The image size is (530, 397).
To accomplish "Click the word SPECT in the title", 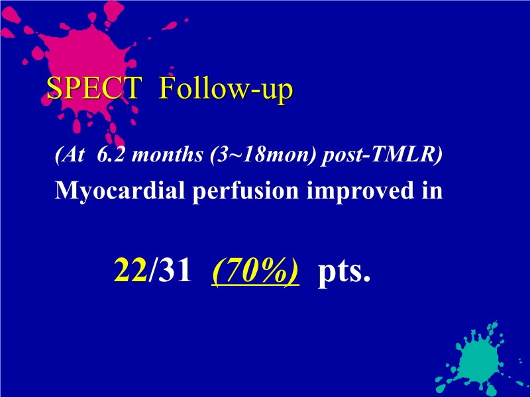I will click(x=94, y=89).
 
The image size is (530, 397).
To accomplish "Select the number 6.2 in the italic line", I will click(x=109, y=156).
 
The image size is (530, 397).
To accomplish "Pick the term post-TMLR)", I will click(x=382, y=156).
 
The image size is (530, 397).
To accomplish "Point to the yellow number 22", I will click(x=131, y=270).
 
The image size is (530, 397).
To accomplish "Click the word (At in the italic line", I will click(x=66, y=156).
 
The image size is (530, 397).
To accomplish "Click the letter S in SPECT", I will click(x=54, y=89).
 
